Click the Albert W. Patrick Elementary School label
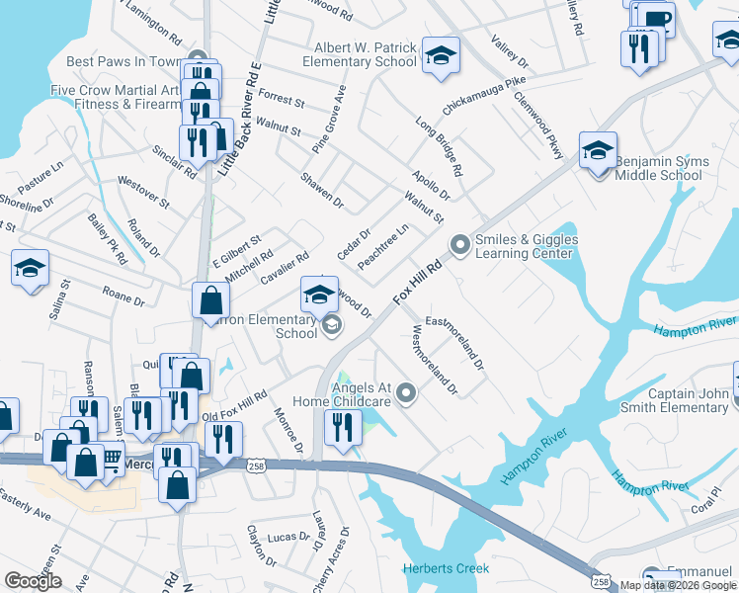(x=366, y=54)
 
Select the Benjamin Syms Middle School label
(x=659, y=168)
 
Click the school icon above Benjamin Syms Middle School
(x=598, y=150)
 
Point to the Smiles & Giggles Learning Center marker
(x=459, y=243)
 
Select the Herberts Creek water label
(x=446, y=568)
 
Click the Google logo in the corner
(x=34, y=581)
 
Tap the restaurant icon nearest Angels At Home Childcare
(x=343, y=428)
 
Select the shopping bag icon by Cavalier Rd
(x=212, y=299)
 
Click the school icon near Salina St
(x=30, y=268)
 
